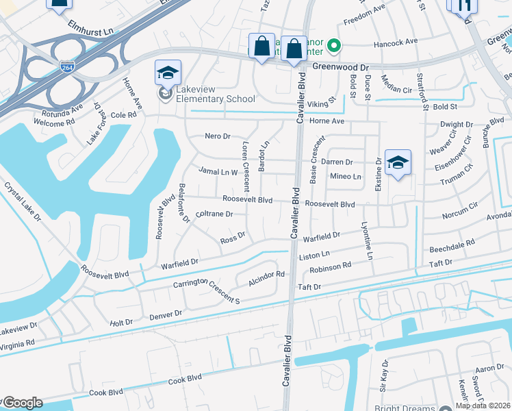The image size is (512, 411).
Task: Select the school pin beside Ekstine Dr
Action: coord(398,164)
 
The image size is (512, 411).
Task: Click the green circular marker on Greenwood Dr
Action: coord(334,47)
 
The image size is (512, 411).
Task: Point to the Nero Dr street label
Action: coord(218,136)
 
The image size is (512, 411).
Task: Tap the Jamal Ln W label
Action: coord(218,171)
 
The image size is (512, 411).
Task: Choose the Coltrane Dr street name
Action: coord(214,214)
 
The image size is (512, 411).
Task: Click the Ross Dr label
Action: coord(233,240)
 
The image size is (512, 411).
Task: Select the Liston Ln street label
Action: coord(315,256)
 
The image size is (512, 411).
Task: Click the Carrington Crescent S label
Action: coord(207,292)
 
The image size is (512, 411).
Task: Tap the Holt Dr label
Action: coord(121,321)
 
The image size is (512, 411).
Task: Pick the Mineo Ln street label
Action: coord(345,177)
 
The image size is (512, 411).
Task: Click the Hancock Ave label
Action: coord(395,42)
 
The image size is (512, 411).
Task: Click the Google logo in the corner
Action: coord(22,403)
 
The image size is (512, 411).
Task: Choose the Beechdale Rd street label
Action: coord(451,244)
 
